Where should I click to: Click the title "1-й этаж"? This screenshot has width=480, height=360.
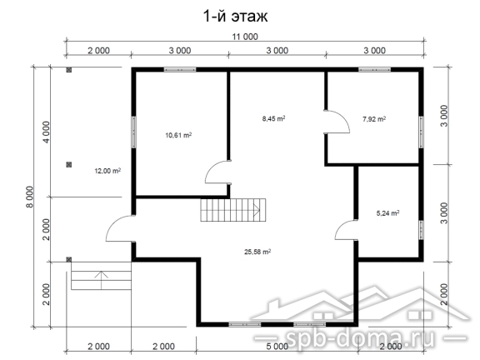click(235, 16)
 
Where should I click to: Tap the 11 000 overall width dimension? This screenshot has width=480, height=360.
click(245, 37)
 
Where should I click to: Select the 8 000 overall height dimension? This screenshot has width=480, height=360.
click(30, 197)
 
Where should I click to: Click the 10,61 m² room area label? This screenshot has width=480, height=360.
click(178, 135)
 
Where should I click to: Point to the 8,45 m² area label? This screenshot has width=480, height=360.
click(273, 118)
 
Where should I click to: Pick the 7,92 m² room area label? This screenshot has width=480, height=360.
click(374, 119)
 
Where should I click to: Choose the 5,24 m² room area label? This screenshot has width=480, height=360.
click(387, 212)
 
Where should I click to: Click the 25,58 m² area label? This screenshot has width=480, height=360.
click(257, 252)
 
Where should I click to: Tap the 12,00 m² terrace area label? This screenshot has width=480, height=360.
click(107, 171)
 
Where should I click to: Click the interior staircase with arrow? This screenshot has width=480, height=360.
click(233, 210)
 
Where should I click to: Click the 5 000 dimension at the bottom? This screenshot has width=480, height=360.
click(277, 347)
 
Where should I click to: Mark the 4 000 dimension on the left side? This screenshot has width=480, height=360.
click(46, 132)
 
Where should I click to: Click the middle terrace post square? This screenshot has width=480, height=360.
click(69, 165)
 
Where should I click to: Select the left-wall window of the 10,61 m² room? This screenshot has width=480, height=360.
click(134, 132)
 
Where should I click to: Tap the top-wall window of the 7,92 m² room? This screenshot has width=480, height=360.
click(374, 70)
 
